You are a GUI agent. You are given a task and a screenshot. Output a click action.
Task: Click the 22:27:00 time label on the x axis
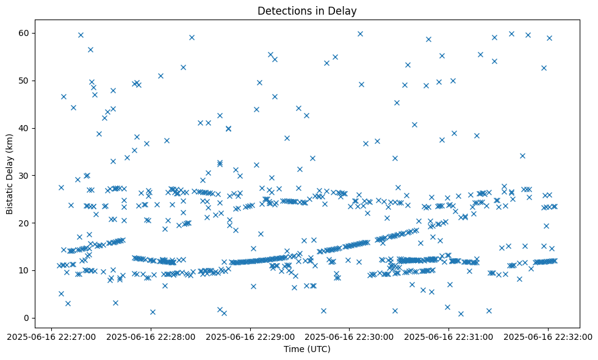52,336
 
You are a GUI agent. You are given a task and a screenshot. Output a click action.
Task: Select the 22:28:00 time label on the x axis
151,336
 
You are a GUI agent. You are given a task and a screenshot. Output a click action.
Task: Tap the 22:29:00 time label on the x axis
250,336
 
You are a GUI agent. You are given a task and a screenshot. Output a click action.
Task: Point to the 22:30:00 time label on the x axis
349,336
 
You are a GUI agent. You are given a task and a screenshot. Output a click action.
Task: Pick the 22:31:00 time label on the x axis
448,336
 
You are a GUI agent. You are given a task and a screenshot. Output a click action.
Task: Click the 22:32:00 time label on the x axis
547,336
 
